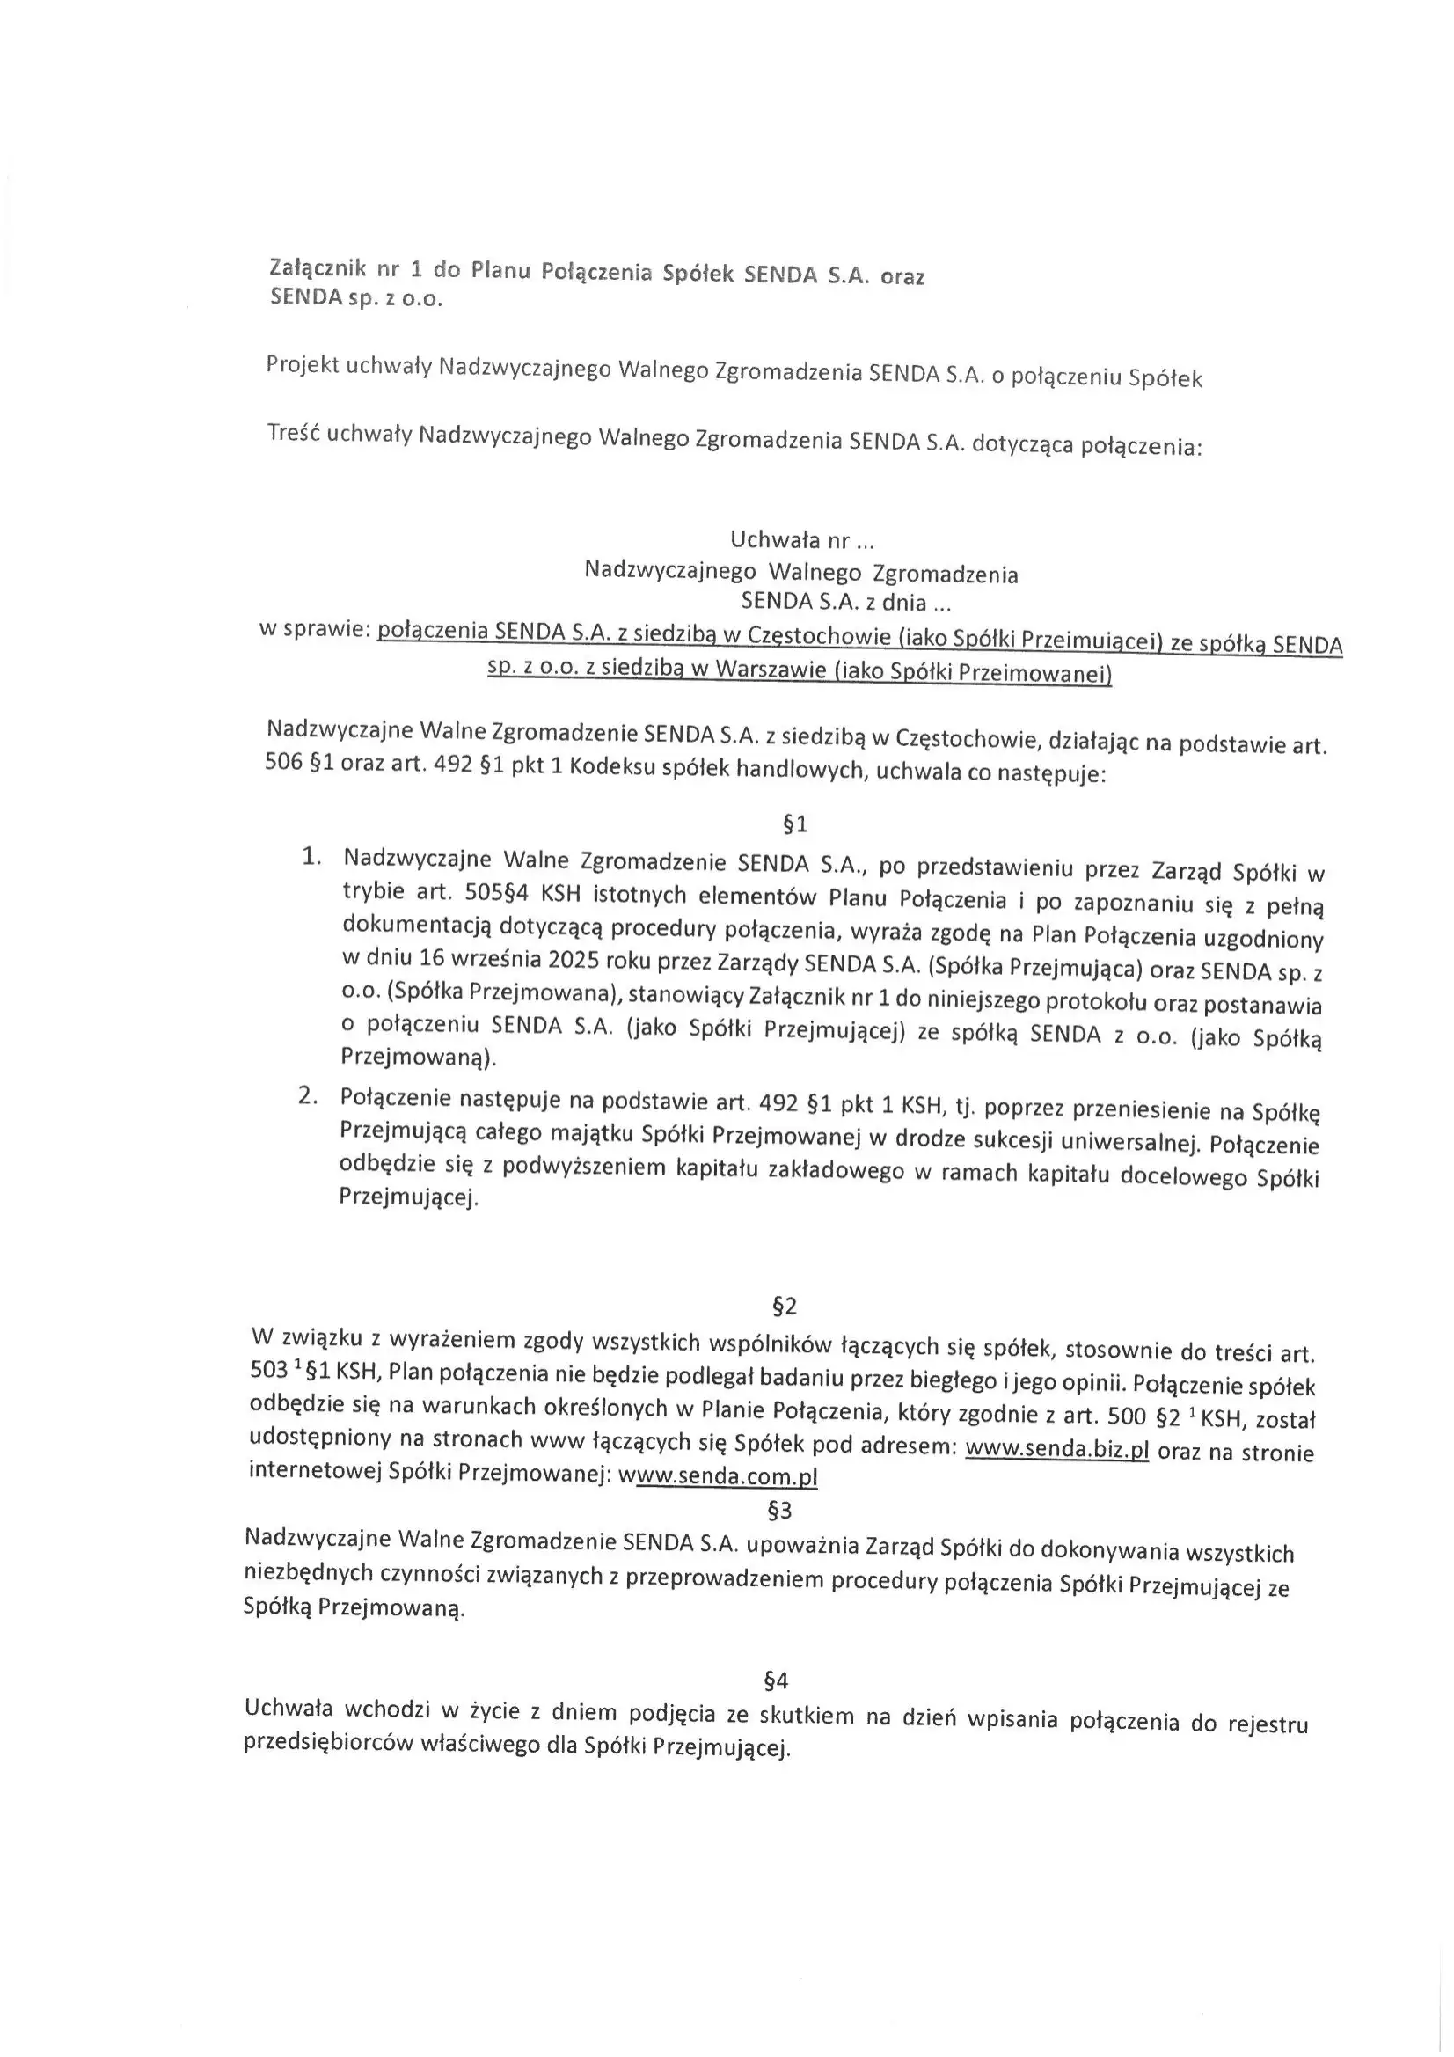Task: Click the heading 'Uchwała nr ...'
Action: (x=802, y=540)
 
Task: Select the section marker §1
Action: (x=794, y=824)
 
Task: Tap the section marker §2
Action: (x=784, y=1307)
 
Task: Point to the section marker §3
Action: (x=780, y=1511)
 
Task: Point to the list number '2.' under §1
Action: (x=308, y=1096)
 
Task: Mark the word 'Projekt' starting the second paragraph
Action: (x=301, y=365)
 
